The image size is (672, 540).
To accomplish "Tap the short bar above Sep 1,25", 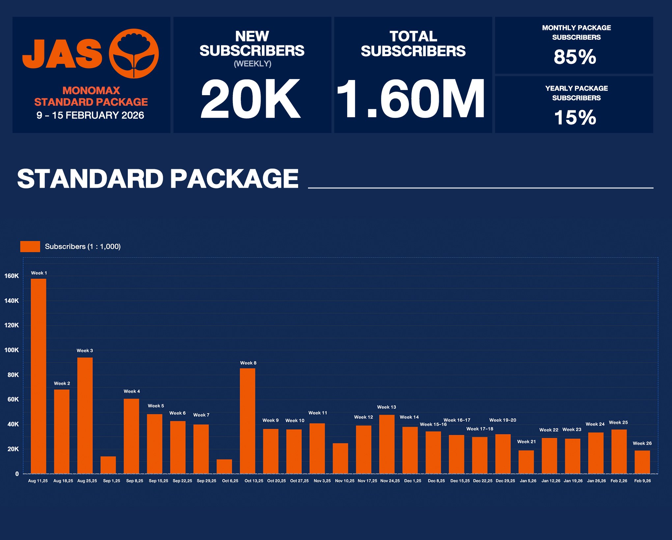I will tap(108, 465).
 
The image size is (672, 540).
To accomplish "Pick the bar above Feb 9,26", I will tap(642, 462).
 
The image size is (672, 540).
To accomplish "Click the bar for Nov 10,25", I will tap(340, 458).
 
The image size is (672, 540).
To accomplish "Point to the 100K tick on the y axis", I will tap(12, 350).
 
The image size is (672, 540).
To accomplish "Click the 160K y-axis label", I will tap(12, 276).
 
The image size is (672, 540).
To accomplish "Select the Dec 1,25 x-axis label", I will tap(412, 481).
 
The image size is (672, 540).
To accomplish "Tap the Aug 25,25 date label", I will tap(87, 481).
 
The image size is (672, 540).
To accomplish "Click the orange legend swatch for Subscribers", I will tap(30, 246).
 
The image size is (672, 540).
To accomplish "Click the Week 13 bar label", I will tap(386, 407).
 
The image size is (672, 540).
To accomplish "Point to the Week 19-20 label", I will tap(502, 420).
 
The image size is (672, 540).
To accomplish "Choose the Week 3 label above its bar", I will tap(85, 350).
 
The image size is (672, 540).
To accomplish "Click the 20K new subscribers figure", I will tap(251, 99).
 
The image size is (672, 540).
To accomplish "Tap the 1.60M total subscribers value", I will tap(410, 99).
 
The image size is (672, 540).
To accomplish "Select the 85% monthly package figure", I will tap(575, 57).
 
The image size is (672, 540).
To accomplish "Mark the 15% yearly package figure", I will tap(575, 117).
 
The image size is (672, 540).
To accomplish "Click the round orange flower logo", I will tap(134, 53).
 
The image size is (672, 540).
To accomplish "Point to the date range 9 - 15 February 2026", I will tap(90, 115).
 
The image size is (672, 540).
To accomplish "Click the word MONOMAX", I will tap(91, 91).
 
